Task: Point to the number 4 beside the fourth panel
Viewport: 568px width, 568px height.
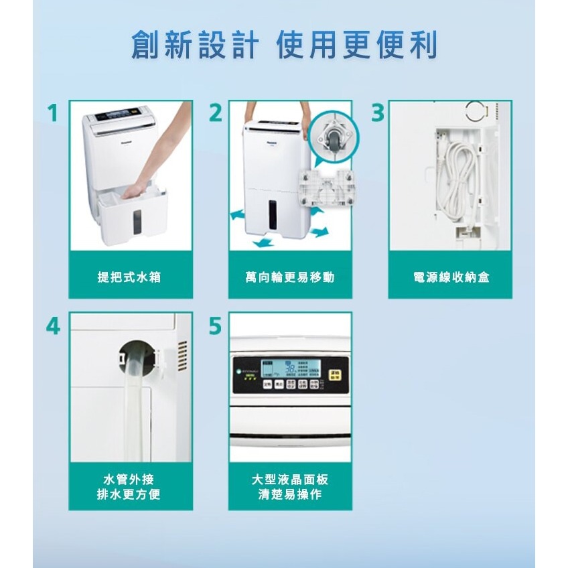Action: [x=54, y=326]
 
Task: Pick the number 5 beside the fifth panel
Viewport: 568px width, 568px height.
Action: [x=214, y=326]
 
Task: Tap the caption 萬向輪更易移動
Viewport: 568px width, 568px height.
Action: [x=289, y=277]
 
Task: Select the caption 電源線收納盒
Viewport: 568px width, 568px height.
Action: [x=451, y=277]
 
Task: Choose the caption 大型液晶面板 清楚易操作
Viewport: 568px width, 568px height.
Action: [x=289, y=488]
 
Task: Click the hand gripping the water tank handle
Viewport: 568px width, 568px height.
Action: [x=136, y=192]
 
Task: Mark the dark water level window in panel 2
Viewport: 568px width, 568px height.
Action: [x=273, y=213]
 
